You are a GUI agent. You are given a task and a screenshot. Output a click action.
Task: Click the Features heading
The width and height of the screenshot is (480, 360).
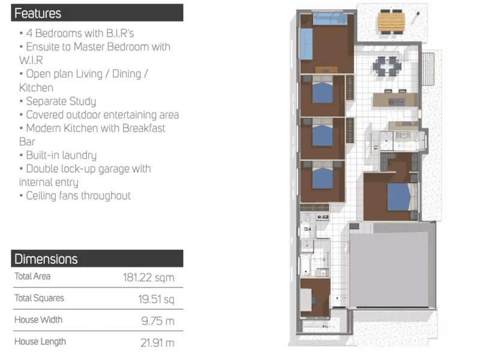[38, 13]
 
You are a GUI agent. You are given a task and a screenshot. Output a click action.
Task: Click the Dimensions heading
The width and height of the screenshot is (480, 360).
[46, 259]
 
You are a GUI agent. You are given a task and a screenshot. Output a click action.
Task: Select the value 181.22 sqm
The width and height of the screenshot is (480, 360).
[148, 278]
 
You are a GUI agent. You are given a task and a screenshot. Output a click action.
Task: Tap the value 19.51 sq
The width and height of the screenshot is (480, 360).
[156, 299]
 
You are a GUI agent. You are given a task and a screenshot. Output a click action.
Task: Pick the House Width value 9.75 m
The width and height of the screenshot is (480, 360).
[158, 321]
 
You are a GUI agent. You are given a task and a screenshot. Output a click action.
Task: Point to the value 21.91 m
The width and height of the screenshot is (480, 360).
[157, 343]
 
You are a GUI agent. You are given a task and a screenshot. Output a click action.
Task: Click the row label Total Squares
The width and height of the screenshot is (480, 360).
[39, 298]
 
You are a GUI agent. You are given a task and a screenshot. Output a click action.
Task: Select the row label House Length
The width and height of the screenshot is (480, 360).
[40, 341]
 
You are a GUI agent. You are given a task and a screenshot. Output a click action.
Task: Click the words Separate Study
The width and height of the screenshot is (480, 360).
[61, 101]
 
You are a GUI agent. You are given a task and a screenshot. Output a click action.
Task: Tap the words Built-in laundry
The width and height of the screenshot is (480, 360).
[61, 155]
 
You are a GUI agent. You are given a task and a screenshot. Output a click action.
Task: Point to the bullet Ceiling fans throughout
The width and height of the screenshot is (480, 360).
[76, 196]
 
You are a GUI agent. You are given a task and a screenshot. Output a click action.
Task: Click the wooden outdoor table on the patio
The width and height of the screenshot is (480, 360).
[391, 21]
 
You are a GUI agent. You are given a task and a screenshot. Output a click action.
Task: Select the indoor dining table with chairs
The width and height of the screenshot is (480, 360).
[387, 65]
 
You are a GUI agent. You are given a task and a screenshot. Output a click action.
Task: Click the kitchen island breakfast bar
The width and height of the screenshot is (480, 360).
[395, 100]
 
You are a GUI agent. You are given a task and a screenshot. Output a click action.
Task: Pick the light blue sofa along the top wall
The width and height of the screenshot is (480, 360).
[330, 19]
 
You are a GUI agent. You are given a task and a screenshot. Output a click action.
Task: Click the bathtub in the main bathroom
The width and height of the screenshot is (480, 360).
[305, 265]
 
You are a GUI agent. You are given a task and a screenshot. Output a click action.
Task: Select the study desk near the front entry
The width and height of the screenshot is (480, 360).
[306, 299]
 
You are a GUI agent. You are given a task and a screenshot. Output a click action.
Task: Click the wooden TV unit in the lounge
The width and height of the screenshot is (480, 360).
[326, 70]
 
